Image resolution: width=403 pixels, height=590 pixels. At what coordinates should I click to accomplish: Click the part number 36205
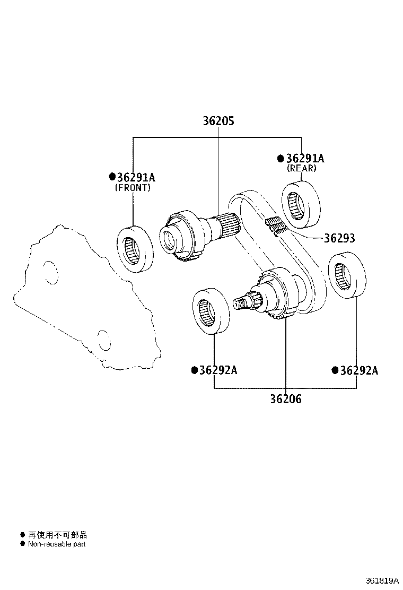coord(218,121)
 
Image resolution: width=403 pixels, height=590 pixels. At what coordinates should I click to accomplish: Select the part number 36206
coord(285,399)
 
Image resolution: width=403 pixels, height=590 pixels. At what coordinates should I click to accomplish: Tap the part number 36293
coord(339,239)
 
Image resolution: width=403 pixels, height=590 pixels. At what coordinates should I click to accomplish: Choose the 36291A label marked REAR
coord(304,158)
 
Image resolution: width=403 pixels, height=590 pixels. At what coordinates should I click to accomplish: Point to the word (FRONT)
coord(133,188)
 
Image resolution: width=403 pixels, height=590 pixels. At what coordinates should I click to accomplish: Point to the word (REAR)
coord(301,168)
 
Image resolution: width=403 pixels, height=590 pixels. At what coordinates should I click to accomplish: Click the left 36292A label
coord(217,370)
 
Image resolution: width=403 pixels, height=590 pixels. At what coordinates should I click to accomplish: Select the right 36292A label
coord(358,370)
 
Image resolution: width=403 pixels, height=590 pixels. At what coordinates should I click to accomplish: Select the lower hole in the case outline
coord(103,339)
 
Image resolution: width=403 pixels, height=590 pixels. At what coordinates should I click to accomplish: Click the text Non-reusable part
coord(56,544)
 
